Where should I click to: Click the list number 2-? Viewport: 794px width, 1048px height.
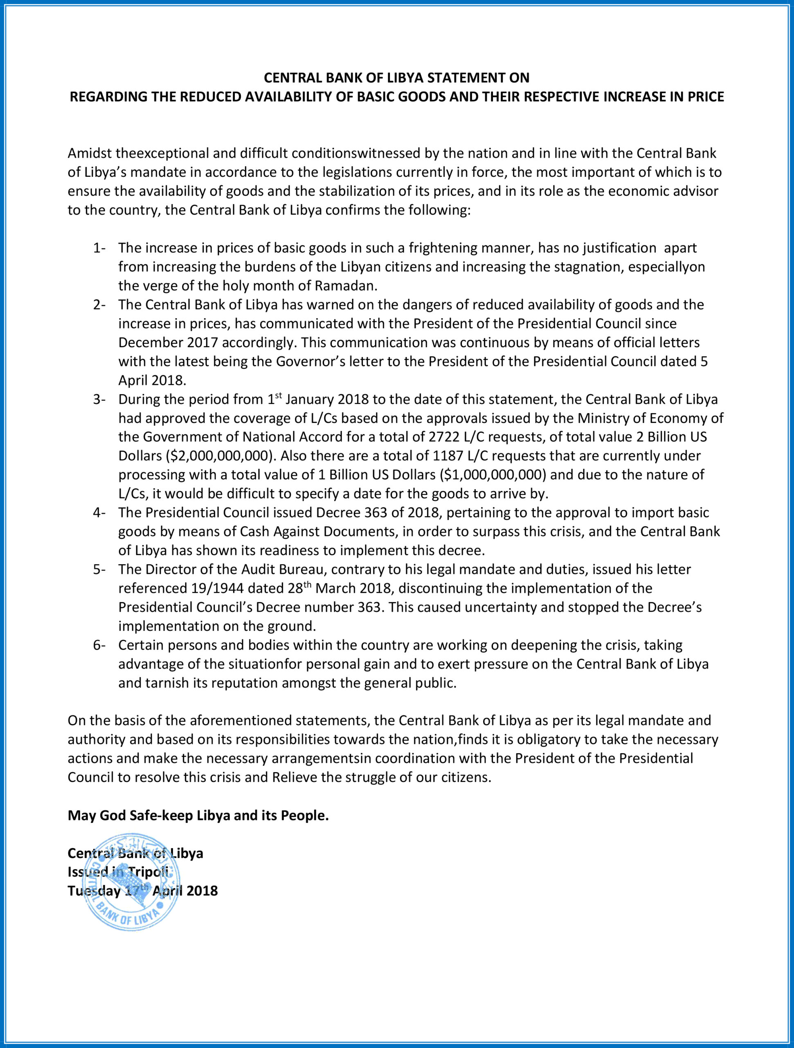(x=99, y=305)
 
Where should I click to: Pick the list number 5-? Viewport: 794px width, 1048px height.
(x=99, y=569)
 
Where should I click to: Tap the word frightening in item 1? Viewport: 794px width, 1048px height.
(x=443, y=248)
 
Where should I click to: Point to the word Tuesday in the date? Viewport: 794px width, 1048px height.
(x=94, y=891)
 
